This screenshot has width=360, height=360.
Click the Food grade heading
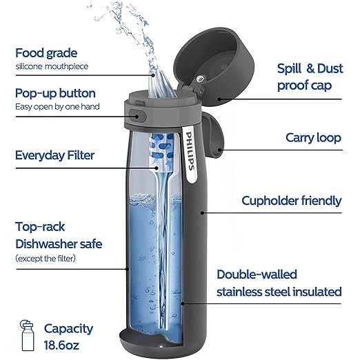[x=47, y=52]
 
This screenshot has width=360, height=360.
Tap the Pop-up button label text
[x=55, y=93]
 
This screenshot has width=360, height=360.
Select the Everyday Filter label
[x=54, y=154]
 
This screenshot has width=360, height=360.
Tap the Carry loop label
[x=313, y=138]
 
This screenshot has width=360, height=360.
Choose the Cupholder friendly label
[x=291, y=201]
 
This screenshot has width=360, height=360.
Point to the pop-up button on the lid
[x=137, y=114]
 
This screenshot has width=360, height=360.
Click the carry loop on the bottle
[x=216, y=137]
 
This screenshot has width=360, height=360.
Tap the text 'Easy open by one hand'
[x=57, y=107]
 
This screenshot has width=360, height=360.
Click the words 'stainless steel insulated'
[x=279, y=292]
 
